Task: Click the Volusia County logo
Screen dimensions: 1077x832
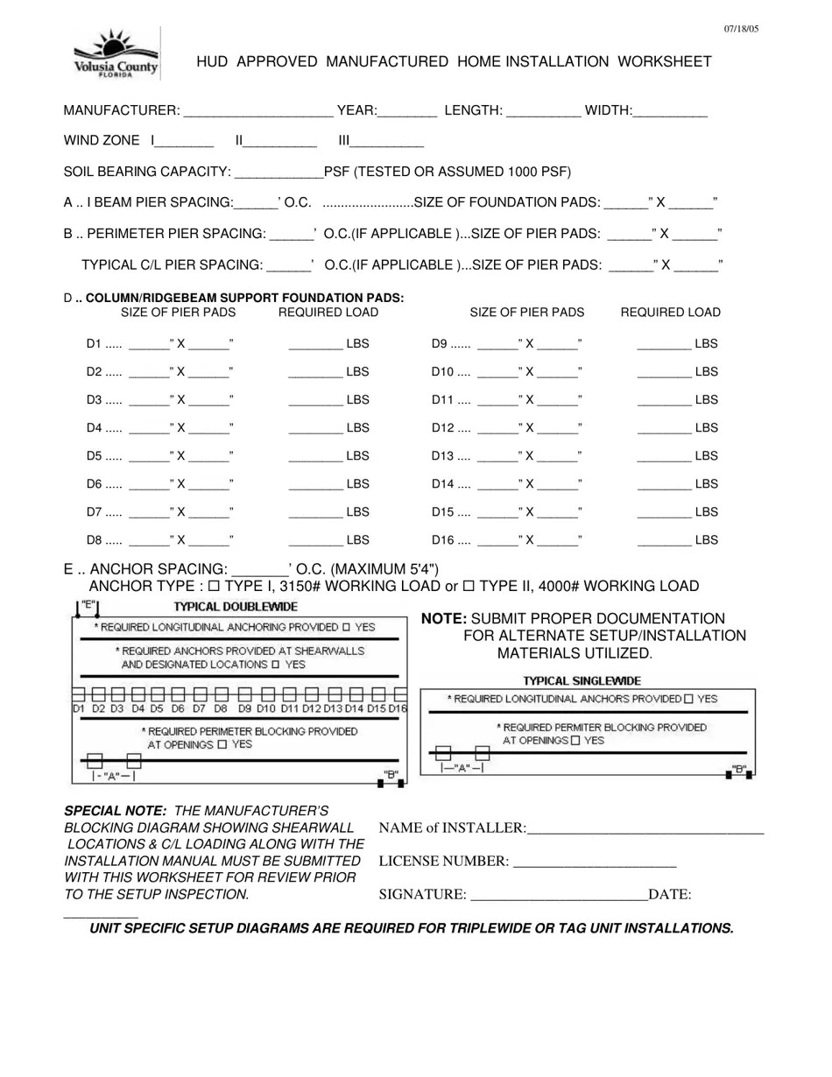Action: point(116,53)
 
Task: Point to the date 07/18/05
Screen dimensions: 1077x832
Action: point(741,29)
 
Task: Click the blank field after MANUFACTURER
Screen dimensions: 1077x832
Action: point(259,111)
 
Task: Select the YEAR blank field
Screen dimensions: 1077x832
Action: point(408,111)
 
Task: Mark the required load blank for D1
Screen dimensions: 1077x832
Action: point(315,345)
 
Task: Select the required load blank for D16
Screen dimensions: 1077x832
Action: point(664,541)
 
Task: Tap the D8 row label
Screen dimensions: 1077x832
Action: point(95,540)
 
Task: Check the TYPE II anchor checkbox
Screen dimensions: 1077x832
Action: point(469,587)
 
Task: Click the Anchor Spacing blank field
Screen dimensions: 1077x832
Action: point(261,571)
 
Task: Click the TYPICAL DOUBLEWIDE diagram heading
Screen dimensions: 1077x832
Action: point(236,607)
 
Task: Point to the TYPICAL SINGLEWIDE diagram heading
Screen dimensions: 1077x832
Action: point(582,680)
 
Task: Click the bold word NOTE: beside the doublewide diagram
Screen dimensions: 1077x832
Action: point(444,619)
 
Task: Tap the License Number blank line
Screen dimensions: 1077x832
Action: point(595,862)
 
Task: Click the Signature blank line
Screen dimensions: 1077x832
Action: point(559,895)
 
